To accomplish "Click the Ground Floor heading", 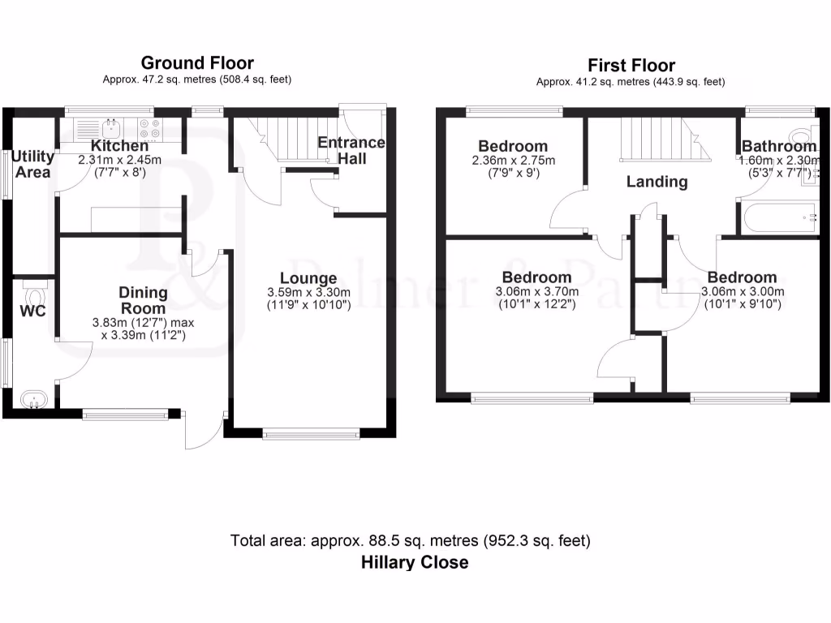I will pyautogui.click(x=196, y=62).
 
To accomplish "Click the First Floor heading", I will pyautogui.click(x=631, y=65).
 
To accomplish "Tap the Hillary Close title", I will pyautogui.click(x=415, y=562).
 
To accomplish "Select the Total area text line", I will pyautogui.click(x=410, y=540).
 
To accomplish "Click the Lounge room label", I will pyautogui.click(x=309, y=279).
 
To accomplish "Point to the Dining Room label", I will pyautogui.click(x=143, y=300).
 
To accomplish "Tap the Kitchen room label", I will pyautogui.click(x=119, y=146).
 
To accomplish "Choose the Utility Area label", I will pyautogui.click(x=32, y=164).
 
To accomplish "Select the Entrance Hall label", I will pyautogui.click(x=351, y=150).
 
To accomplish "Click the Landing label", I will pyautogui.click(x=657, y=182).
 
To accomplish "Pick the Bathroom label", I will pyautogui.click(x=778, y=147).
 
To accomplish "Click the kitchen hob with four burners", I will pyautogui.click(x=149, y=128).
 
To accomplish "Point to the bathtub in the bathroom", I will pyautogui.click(x=777, y=217).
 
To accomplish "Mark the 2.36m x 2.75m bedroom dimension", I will pyautogui.click(x=510, y=161).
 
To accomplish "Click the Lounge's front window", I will pyautogui.click(x=311, y=434).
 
